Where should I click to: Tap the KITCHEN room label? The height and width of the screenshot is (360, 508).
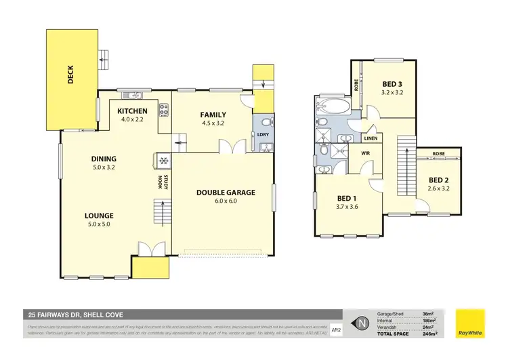tap(132, 111)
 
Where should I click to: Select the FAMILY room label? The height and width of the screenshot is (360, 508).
tap(213, 115)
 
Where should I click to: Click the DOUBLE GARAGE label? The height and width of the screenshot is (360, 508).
tap(226, 193)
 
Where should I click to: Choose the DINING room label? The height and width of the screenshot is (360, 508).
tap(104, 159)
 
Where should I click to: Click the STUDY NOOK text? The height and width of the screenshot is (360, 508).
tap(161, 182)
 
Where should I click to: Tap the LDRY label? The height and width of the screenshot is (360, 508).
tap(263, 134)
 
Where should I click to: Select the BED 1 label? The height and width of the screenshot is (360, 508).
tap(347, 198)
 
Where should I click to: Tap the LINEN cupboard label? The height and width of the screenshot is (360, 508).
tap(371, 138)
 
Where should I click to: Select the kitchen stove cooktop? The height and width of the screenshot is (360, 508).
tap(163, 108)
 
